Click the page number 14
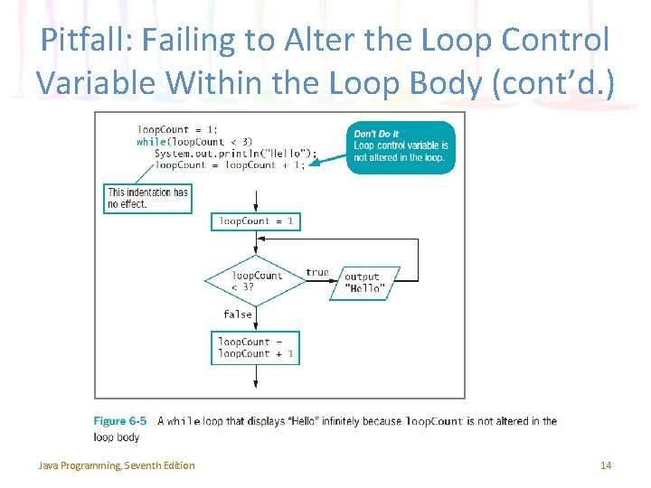point(606,465)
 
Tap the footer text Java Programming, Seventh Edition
point(116,465)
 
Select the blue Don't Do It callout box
point(401,146)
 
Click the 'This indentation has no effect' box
point(147,198)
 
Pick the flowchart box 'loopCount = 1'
point(256,221)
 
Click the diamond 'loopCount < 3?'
point(256,281)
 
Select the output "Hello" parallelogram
point(363,284)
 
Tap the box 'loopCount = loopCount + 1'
point(256,348)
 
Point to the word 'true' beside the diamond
point(317,272)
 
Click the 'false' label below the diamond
point(238,314)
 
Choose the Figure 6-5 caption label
point(120,421)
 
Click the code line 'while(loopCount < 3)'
point(194,142)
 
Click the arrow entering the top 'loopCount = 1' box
point(257,201)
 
